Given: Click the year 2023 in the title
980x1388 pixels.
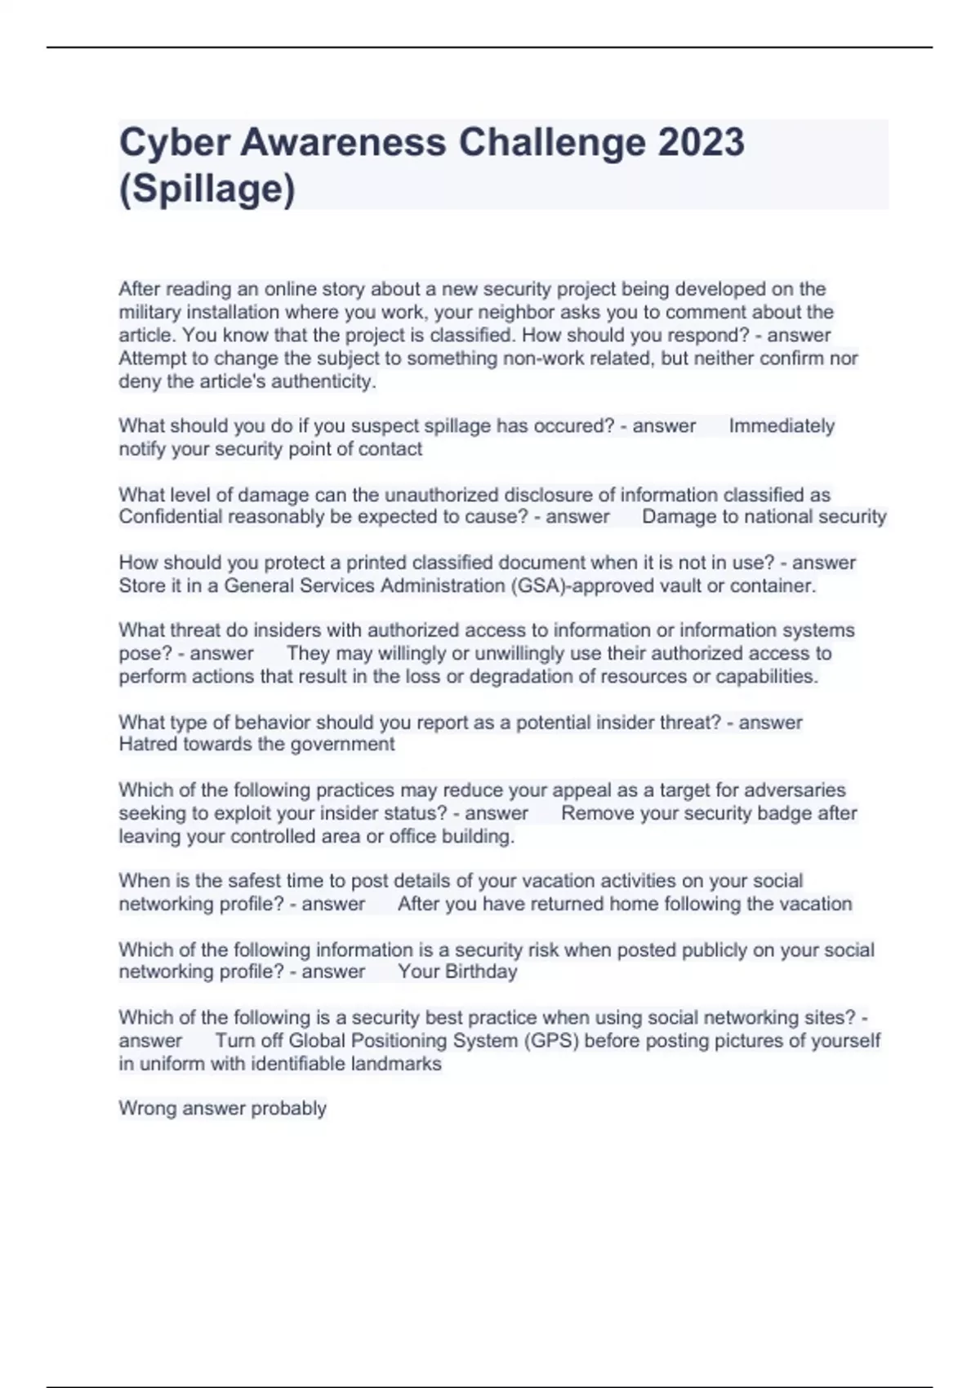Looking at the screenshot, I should (701, 143).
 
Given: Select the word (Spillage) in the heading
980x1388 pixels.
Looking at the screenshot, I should (207, 189).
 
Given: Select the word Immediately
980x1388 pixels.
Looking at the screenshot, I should (782, 425).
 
